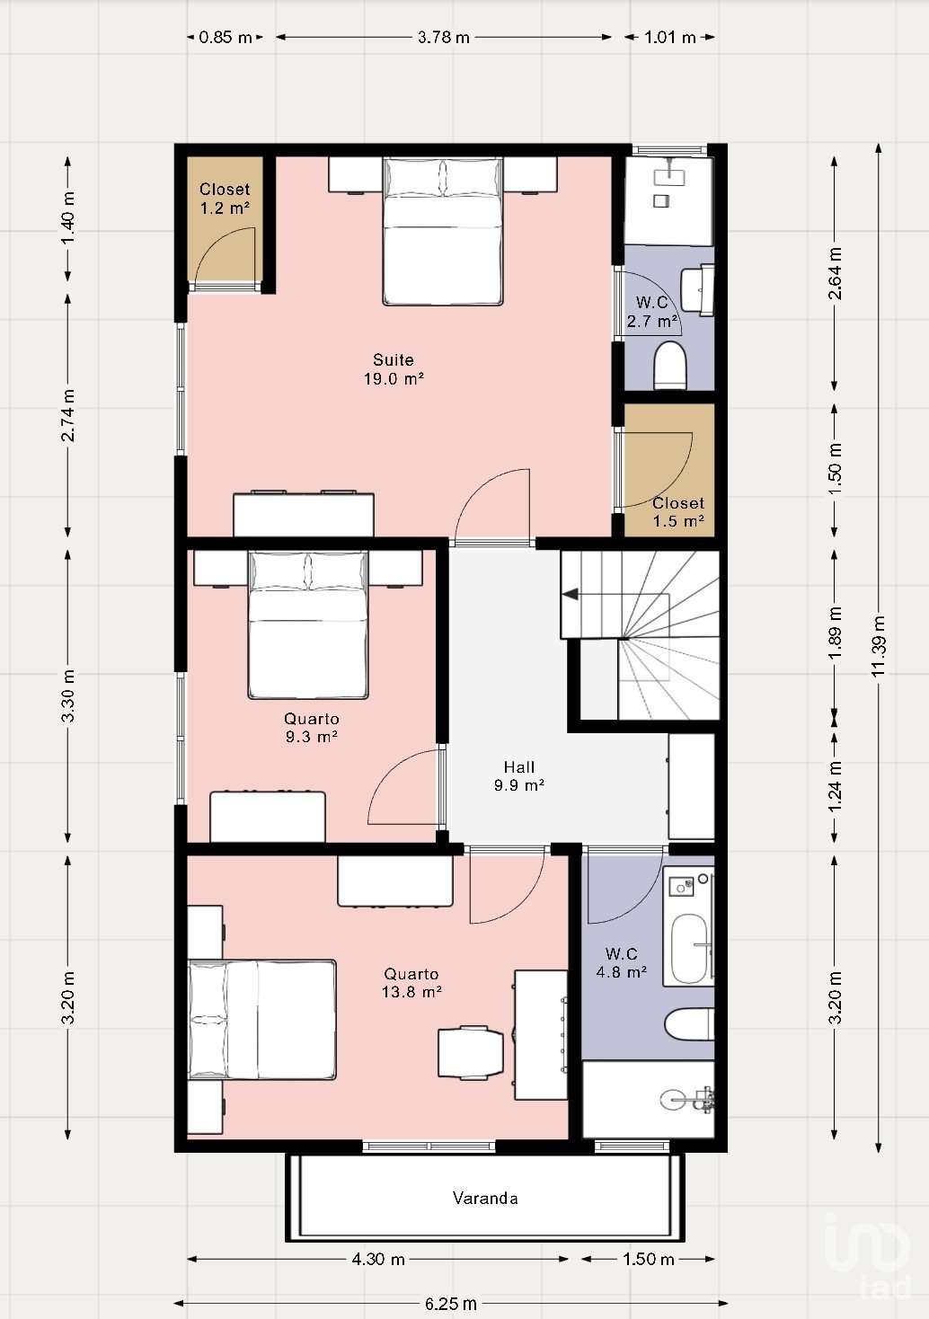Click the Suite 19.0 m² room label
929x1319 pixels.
click(x=394, y=369)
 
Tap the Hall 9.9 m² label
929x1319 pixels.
click(x=519, y=776)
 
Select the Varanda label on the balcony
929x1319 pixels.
click(x=485, y=1199)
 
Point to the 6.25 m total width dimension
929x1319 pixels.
click(x=451, y=1304)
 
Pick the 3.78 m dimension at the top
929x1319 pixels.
click(x=444, y=38)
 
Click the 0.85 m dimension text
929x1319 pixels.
click(x=226, y=38)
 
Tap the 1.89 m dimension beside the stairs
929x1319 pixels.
click(x=835, y=633)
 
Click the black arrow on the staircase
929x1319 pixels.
click(x=570, y=595)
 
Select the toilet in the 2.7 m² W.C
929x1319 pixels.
click(x=670, y=365)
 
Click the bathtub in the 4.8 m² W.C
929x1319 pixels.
click(x=689, y=949)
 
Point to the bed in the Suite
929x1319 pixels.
click(x=443, y=231)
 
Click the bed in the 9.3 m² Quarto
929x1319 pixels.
click(x=308, y=624)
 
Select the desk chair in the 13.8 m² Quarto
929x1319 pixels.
click(x=471, y=1053)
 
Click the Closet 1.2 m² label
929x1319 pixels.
click(x=225, y=199)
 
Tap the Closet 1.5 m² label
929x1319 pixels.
click(x=678, y=512)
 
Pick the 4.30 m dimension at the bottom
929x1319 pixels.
click(x=378, y=1259)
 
